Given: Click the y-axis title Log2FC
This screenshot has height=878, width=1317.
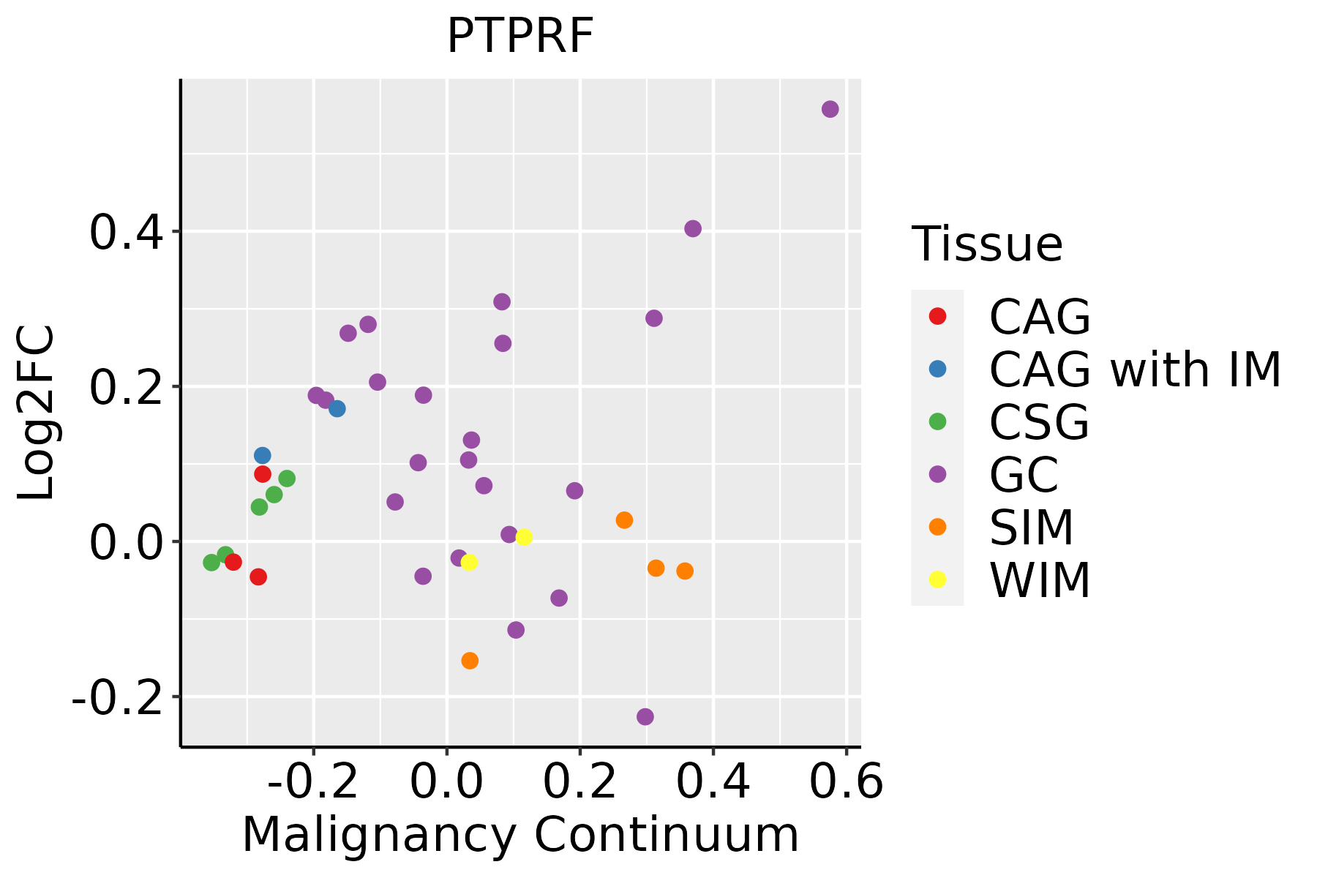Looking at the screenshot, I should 37,413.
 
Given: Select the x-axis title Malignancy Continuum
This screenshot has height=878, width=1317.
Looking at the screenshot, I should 520,836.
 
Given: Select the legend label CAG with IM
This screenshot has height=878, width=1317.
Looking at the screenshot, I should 1135,369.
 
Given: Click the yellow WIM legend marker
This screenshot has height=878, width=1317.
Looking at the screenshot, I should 937,579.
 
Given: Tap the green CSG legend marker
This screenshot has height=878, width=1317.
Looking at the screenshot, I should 937,421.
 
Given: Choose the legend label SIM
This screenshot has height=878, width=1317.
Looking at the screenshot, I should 1031,528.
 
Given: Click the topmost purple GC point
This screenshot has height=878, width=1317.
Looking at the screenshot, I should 830,109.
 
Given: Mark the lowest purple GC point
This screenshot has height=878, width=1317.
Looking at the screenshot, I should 645,716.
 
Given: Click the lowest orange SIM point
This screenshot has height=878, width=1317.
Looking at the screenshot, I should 470,661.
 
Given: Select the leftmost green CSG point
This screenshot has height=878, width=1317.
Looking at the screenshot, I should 211,563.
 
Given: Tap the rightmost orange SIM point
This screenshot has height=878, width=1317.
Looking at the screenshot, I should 685,571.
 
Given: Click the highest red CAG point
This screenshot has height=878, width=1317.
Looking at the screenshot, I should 263,474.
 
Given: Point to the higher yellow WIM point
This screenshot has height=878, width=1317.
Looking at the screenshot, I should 524,537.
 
